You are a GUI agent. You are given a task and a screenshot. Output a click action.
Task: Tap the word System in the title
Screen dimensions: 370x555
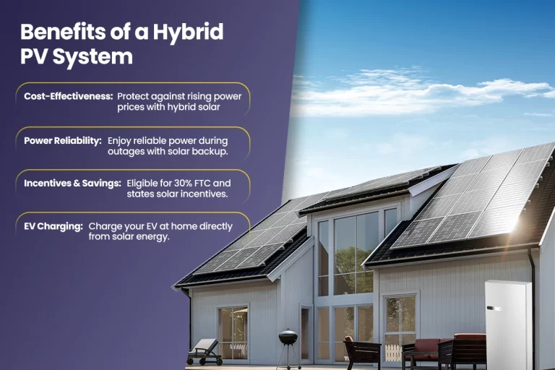click(x=93, y=56)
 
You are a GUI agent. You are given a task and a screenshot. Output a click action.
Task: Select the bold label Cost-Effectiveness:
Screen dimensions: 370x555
click(x=68, y=95)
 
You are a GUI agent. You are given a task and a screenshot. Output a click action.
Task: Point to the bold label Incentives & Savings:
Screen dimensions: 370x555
click(x=72, y=183)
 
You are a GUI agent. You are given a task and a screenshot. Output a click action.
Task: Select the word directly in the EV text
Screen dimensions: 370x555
click(x=215, y=226)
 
